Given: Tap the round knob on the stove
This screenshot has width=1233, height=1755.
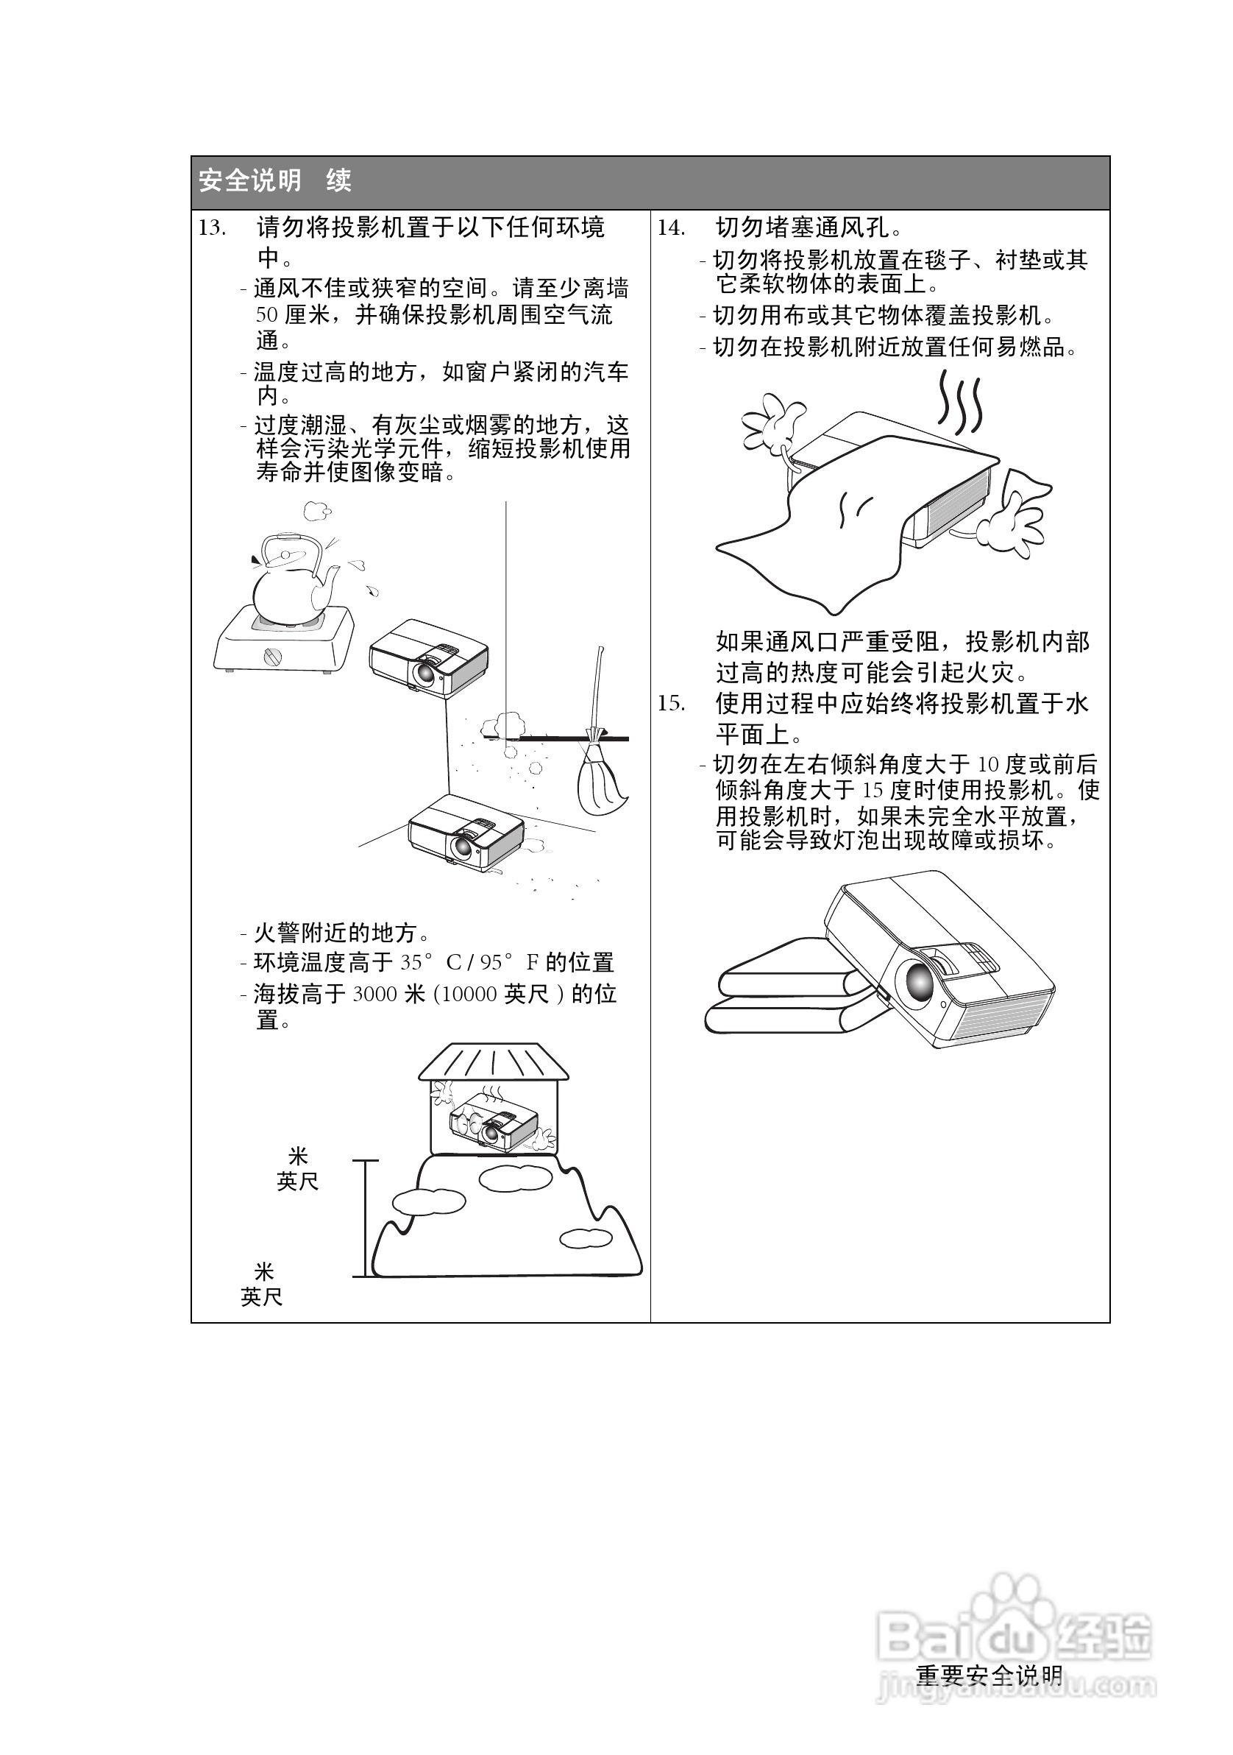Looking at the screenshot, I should (x=273, y=656).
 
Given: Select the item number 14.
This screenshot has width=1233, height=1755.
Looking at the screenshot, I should (x=672, y=227).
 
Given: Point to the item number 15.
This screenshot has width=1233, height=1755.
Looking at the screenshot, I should (x=672, y=703).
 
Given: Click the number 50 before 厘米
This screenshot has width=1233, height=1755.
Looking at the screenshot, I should (x=266, y=315).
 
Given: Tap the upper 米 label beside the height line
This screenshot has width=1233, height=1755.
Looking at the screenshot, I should (x=298, y=1155).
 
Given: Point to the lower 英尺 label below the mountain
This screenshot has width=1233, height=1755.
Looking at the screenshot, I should (x=261, y=1297).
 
